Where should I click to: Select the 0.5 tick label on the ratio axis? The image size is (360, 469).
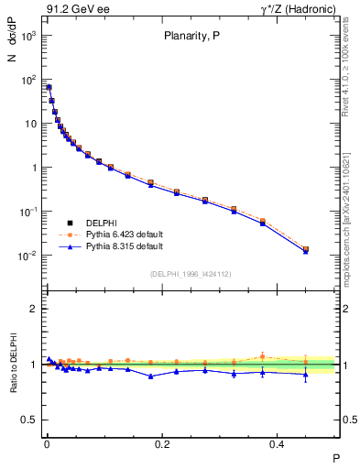tap(28, 420)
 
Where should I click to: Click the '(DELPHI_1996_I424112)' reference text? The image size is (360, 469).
tap(191, 273)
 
